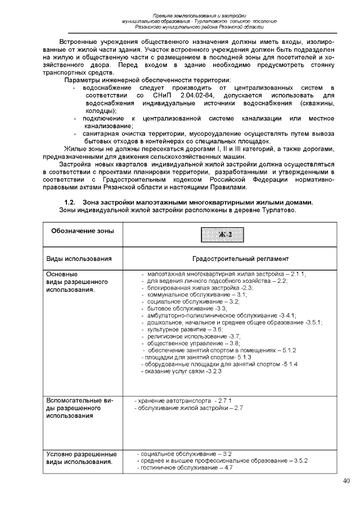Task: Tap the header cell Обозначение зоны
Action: [x=83, y=231]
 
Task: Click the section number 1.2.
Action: [x=70, y=202]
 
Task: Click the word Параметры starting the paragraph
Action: [x=82, y=80]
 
